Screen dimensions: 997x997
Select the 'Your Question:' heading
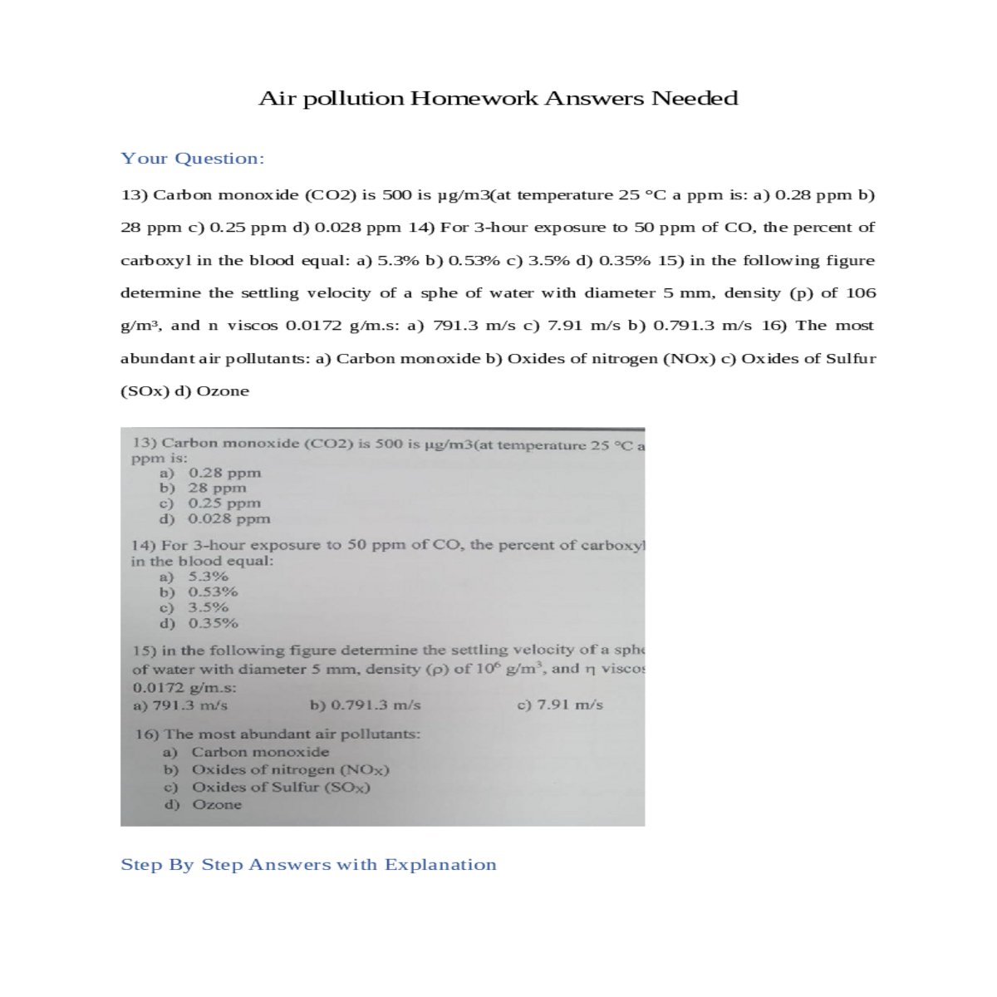[192, 158]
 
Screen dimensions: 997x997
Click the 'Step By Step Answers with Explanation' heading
[308, 864]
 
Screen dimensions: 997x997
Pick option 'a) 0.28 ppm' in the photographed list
[210, 473]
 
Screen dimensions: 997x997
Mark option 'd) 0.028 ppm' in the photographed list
[214, 518]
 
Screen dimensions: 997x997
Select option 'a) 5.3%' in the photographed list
[194, 576]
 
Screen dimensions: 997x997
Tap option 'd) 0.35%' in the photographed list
[199, 622]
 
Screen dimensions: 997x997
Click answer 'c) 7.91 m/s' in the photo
[560, 705]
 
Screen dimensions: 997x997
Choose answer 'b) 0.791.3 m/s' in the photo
[365, 705]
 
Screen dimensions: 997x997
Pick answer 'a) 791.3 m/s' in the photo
[180, 705]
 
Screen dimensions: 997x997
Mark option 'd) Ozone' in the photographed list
[203, 804]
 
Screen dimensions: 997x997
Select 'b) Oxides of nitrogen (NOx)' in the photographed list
[276, 769]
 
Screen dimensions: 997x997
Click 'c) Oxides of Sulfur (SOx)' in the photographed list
[267, 787]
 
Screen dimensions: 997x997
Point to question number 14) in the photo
[144, 545]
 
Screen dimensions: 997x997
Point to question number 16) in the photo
[147, 734]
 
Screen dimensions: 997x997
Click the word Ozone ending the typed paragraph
[222, 391]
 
